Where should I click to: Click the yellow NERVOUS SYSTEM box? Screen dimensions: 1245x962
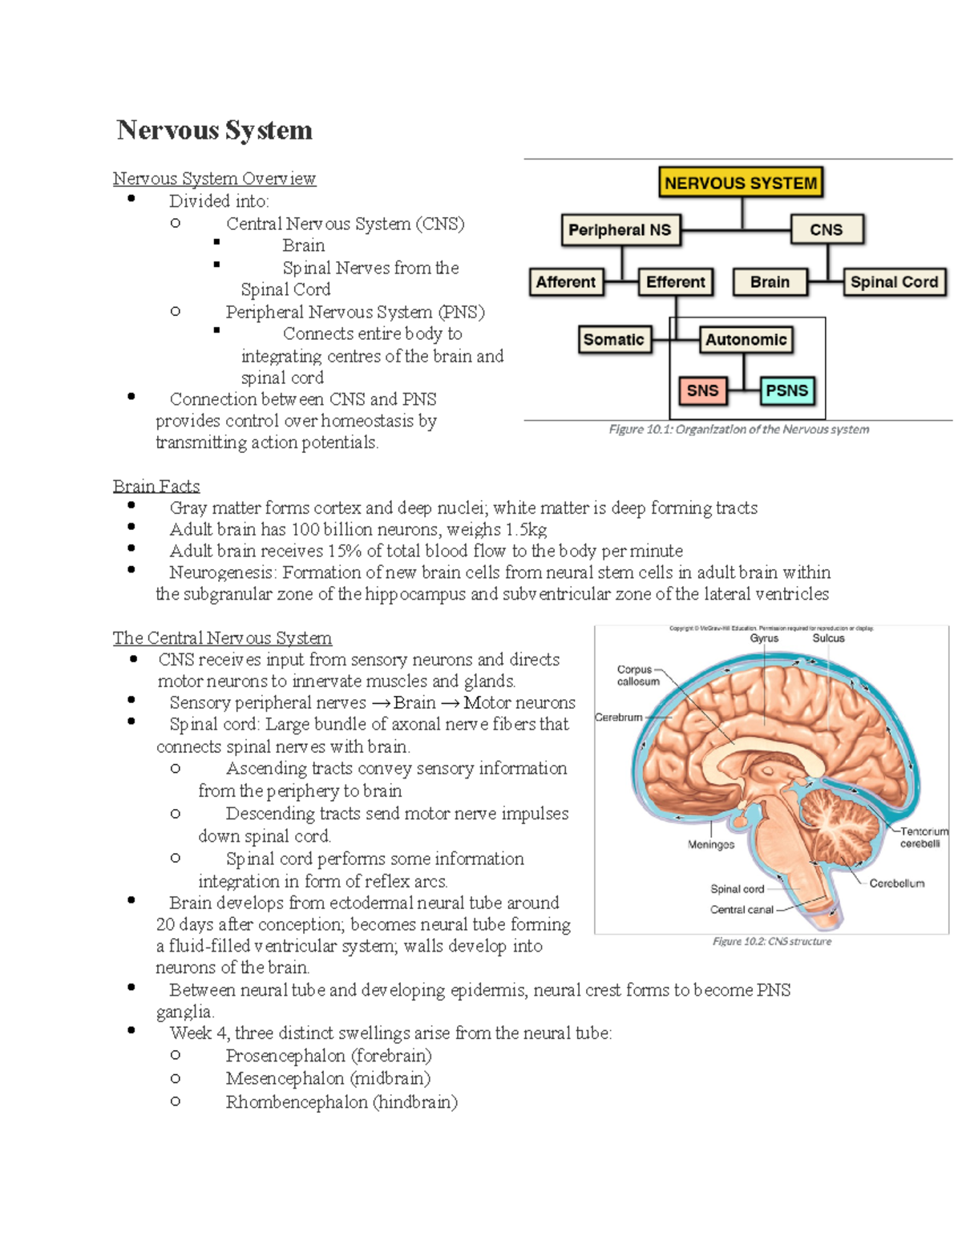741,183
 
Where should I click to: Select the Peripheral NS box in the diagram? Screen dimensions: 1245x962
620,230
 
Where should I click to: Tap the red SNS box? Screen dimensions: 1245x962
702,390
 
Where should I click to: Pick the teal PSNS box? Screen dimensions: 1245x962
786,390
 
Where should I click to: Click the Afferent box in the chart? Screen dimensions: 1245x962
565,282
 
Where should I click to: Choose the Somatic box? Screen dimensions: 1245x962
613,340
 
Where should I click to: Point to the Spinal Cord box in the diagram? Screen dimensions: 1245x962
894,282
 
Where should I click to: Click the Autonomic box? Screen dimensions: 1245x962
746,340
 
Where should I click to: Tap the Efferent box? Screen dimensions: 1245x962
675,282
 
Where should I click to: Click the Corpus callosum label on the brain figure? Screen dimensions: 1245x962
637,675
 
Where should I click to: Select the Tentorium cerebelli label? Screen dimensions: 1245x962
923,837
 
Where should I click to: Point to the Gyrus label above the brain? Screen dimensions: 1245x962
764,638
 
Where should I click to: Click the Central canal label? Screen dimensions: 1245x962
742,910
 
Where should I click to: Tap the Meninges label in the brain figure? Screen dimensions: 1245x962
710,844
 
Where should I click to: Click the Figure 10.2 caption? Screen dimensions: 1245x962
771,941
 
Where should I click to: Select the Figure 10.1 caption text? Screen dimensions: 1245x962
738,430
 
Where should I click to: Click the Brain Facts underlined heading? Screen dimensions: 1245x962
156,487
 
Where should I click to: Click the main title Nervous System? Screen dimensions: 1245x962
214,130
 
